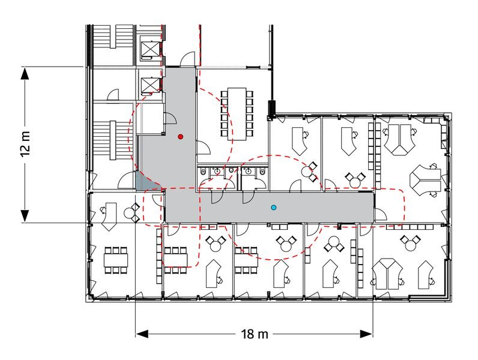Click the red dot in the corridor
(181, 137)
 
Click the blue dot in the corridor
(273, 208)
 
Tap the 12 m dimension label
(26, 144)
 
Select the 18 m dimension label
(255, 334)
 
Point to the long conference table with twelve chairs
(237, 113)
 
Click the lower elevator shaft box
(150, 85)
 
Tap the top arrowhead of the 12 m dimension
(25, 73)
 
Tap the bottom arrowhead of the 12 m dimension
(25, 216)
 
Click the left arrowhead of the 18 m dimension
(142, 334)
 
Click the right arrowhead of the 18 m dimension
(366, 334)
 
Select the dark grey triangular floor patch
(146, 182)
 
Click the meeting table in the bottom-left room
(115, 260)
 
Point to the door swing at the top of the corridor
(187, 59)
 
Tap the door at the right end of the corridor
(380, 214)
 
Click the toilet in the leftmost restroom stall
(204, 172)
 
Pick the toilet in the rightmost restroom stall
(262, 172)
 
